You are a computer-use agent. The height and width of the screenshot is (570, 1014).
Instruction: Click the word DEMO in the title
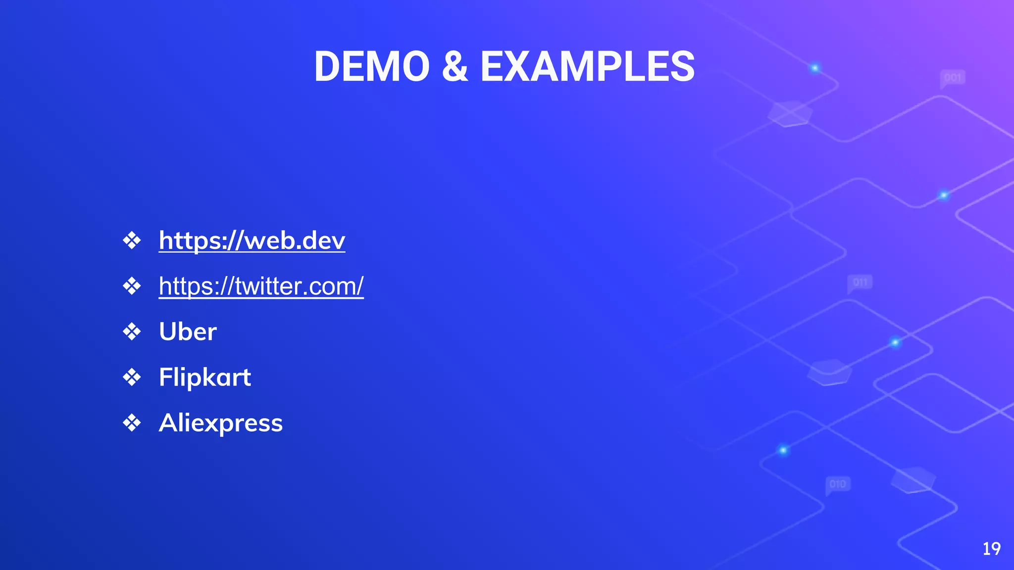(x=372, y=67)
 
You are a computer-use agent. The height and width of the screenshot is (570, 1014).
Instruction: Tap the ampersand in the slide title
(x=455, y=67)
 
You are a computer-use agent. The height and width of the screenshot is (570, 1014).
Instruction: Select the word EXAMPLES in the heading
(x=588, y=67)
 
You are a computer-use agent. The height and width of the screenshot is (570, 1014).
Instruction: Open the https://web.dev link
(x=252, y=240)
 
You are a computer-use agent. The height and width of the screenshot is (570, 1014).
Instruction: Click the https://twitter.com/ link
(x=261, y=286)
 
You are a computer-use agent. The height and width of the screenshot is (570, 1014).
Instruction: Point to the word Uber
(x=188, y=332)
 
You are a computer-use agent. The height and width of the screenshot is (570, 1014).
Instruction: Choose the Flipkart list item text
(x=205, y=378)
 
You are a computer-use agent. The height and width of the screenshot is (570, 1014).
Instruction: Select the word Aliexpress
(x=221, y=423)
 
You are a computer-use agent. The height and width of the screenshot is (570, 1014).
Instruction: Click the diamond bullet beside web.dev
(x=132, y=241)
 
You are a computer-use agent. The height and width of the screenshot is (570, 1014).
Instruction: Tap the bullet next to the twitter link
(x=132, y=286)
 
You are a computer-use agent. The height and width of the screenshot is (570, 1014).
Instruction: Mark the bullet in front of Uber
(x=132, y=332)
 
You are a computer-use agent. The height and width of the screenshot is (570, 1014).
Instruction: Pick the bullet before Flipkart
(x=132, y=378)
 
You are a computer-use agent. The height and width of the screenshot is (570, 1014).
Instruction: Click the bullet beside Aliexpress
(x=132, y=423)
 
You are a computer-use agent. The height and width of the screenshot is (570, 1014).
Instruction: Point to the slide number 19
(x=991, y=549)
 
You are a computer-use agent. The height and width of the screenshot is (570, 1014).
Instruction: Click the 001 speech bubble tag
(x=952, y=78)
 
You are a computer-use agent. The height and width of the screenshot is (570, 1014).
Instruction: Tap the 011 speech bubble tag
(x=860, y=283)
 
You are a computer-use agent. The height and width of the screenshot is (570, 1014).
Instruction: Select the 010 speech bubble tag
(x=838, y=484)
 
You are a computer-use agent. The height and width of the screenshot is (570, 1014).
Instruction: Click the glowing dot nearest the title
(x=815, y=68)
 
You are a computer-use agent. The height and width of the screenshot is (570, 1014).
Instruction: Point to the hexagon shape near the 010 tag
(x=913, y=479)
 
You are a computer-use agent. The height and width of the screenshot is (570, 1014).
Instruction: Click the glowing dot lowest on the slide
(x=783, y=450)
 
